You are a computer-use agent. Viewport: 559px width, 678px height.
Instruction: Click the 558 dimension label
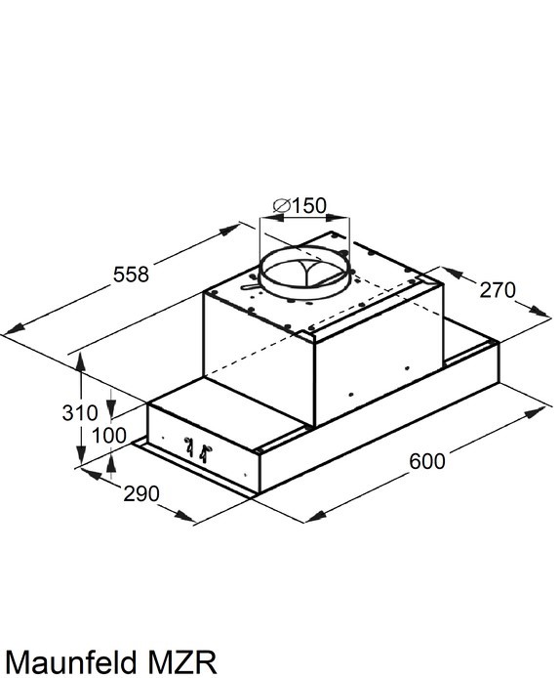131,275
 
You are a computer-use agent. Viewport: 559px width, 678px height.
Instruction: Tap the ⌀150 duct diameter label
300,205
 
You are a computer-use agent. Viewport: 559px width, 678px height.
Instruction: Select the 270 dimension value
498,290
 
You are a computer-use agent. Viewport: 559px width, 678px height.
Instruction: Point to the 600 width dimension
427,461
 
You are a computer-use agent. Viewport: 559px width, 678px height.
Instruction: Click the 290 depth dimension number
141,493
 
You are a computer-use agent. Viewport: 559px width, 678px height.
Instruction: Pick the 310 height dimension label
80,412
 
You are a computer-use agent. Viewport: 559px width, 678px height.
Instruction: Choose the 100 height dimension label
109,436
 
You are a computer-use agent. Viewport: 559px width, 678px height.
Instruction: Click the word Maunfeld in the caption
70,661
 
